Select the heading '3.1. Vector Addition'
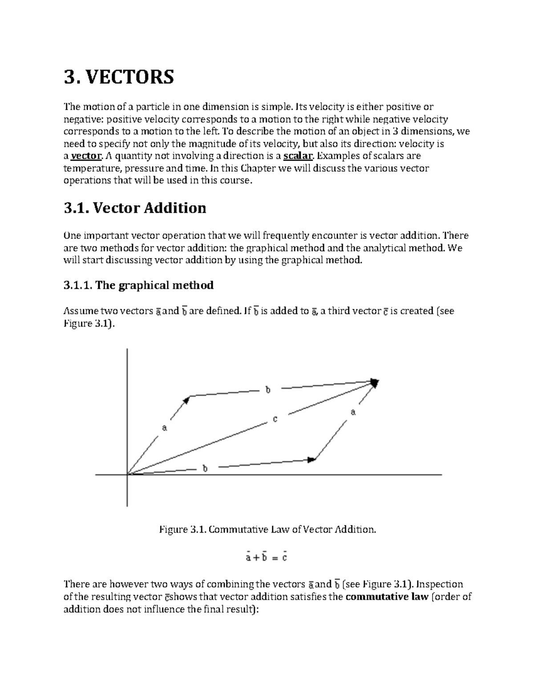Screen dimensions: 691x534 pyautogui.click(x=135, y=208)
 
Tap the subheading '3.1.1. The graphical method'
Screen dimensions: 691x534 pyautogui.click(x=138, y=285)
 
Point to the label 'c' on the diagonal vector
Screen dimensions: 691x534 pyautogui.click(x=275, y=419)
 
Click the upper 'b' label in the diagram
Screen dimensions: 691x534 pyautogui.click(x=268, y=390)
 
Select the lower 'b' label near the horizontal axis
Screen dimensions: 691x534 pyautogui.click(x=205, y=469)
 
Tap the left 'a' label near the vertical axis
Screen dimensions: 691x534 pyautogui.click(x=164, y=428)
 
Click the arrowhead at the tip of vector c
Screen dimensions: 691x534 pyautogui.click(x=375, y=383)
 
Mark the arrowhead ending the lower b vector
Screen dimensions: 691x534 pyautogui.click(x=311, y=460)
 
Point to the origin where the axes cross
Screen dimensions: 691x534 pyautogui.click(x=128, y=475)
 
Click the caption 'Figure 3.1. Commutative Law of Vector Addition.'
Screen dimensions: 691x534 pyautogui.click(x=267, y=529)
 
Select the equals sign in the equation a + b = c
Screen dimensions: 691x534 pyautogui.click(x=274, y=557)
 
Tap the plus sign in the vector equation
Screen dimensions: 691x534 pyautogui.click(x=256, y=557)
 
